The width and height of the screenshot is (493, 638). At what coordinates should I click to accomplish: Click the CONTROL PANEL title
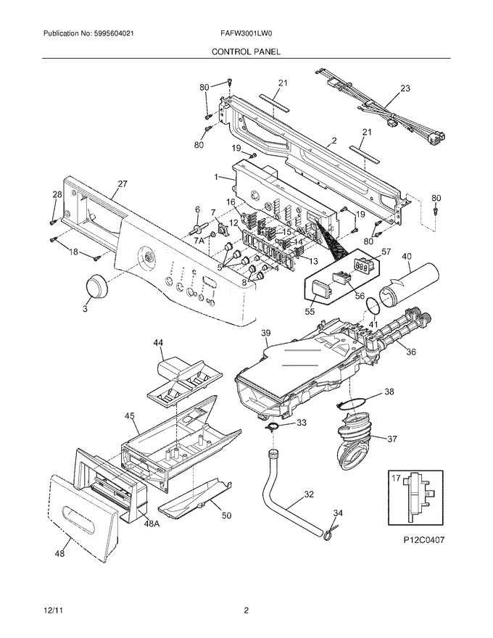[246, 52]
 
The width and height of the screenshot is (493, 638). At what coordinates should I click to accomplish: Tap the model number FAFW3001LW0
[246, 34]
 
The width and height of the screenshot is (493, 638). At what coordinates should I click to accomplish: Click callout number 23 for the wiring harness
[405, 88]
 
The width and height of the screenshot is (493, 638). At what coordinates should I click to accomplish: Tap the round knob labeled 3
[95, 286]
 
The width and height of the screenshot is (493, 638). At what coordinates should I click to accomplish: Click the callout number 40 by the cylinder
[406, 256]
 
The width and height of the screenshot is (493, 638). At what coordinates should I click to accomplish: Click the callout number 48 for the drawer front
[59, 554]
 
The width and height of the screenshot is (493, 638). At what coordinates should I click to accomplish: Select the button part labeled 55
[319, 291]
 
